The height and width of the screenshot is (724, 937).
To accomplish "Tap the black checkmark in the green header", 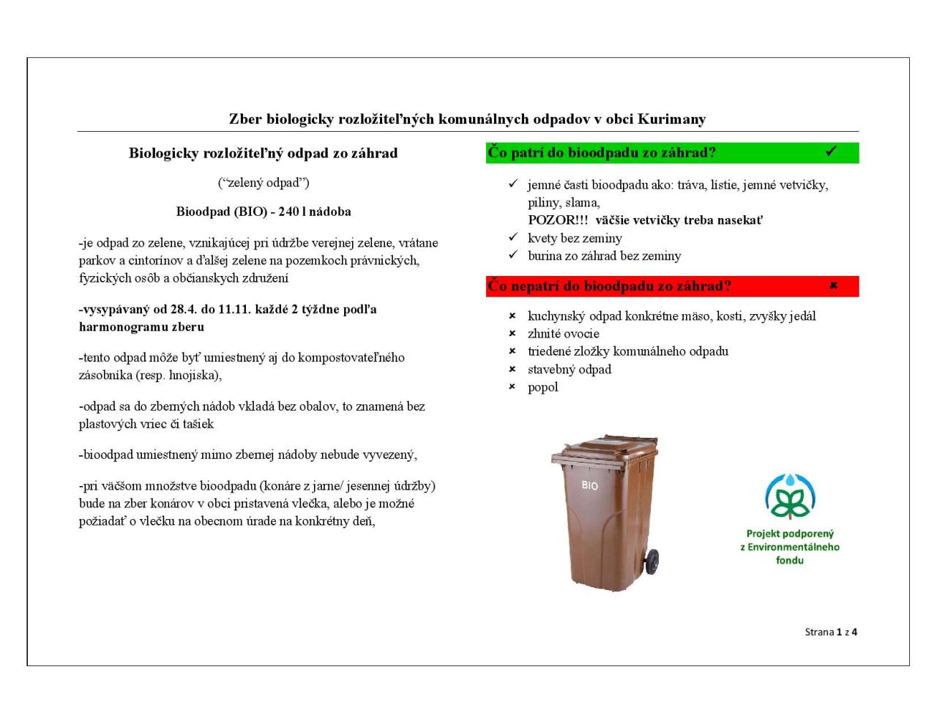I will click(x=831, y=152).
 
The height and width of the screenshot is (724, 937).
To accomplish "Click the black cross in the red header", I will click(x=833, y=286).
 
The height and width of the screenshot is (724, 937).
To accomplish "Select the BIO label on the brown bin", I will click(x=589, y=485).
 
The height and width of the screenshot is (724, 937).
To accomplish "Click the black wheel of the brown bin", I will click(x=651, y=561).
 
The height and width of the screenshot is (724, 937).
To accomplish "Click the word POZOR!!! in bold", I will click(x=558, y=220).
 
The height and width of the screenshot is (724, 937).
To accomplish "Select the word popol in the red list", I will click(x=542, y=387).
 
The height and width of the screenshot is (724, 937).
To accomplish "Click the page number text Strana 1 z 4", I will click(x=830, y=632).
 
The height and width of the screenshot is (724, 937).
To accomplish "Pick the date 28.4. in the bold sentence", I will click(x=184, y=309).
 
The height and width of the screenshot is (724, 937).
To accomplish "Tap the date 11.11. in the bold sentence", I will click(x=234, y=309).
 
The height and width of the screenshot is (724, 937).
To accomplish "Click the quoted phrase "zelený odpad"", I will click(x=264, y=182).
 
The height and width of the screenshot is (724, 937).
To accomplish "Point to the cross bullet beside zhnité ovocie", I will click(x=512, y=334).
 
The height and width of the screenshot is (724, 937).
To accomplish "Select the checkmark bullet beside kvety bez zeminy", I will click(x=512, y=238).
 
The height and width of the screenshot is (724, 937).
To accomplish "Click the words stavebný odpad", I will click(x=569, y=370).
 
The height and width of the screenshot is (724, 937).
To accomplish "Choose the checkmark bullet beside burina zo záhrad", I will click(x=512, y=255).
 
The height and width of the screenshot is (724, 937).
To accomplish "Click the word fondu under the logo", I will click(x=790, y=560).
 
